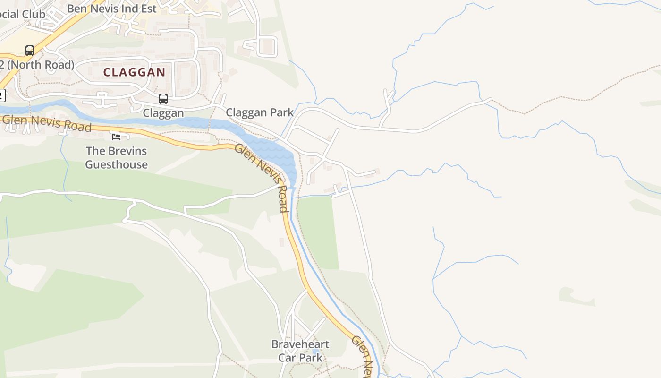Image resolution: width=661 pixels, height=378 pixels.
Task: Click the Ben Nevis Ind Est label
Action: (x=111, y=9)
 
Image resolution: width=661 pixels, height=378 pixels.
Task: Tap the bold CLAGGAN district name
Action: (x=134, y=72)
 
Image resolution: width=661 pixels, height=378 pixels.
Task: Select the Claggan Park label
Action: (x=259, y=112)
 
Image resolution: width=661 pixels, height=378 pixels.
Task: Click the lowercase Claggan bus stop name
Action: (x=163, y=113)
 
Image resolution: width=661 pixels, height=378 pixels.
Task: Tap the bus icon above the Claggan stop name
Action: (x=163, y=99)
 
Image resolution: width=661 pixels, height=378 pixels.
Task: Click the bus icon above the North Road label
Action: (x=30, y=50)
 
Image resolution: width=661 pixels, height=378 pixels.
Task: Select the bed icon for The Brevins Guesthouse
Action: (x=116, y=137)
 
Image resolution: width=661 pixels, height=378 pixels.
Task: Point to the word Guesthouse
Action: (x=116, y=164)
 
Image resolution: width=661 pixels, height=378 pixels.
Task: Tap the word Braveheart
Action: (x=300, y=344)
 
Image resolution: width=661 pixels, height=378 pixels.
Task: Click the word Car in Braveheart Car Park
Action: (x=287, y=357)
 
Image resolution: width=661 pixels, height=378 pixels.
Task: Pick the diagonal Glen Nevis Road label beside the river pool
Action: (x=262, y=178)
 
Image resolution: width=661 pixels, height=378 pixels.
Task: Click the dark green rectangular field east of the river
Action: (x=318, y=232)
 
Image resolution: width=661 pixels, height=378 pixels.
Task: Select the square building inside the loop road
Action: (x=267, y=46)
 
